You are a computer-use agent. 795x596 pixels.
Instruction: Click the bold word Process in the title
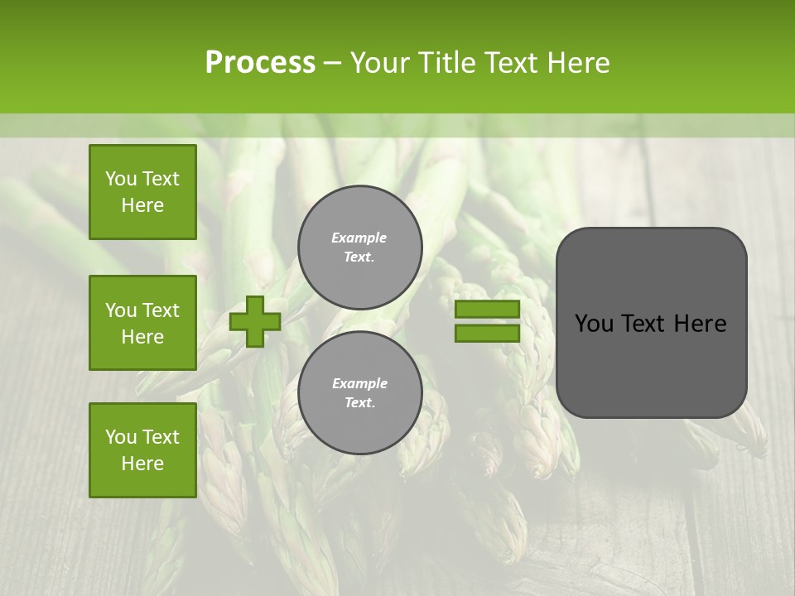click(260, 63)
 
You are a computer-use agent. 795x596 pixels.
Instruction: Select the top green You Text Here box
click(142, 192)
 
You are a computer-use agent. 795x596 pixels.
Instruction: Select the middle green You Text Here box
click(142, 323)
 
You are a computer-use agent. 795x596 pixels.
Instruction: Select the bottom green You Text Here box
click(142, 449)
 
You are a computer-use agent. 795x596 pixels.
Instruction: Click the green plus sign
click(255, 321)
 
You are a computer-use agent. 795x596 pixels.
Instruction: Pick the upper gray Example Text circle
click(359, 248)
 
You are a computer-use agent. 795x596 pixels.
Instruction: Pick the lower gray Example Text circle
click(359, 393)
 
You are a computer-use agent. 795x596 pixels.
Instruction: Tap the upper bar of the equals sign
click(487, 310)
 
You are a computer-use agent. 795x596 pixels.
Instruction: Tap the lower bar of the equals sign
click(487, 334)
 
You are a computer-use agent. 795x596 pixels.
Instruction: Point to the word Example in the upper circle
click(359, 238)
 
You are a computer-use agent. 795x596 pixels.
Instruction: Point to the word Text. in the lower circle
click(359, 403)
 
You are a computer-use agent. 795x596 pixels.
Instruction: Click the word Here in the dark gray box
click(700, 324)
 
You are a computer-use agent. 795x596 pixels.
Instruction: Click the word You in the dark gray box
click(593, 324)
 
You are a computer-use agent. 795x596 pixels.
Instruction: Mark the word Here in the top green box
click(142, 205)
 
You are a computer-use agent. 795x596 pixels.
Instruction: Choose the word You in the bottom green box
click(121, 437)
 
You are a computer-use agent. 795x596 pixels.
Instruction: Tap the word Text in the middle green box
click(161, 310)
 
